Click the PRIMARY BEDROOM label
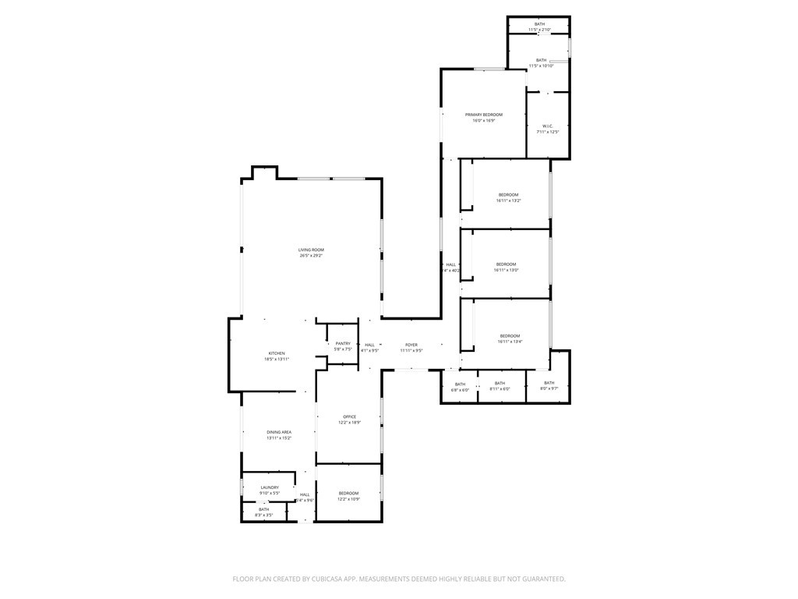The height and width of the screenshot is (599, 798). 483,115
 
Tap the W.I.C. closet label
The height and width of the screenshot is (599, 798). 548,126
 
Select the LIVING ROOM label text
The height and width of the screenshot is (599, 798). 311,250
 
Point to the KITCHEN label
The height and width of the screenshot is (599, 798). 277,353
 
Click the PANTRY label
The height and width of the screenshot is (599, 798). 343,344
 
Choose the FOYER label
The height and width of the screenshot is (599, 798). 411,345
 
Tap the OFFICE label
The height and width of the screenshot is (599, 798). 349,416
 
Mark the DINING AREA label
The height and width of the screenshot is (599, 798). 279,432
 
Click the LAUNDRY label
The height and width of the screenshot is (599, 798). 270,487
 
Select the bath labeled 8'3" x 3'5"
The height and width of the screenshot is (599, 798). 264,509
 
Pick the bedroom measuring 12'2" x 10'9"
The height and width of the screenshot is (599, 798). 348,494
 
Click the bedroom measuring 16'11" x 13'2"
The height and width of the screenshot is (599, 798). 508,194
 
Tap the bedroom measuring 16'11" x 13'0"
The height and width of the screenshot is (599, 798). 507,264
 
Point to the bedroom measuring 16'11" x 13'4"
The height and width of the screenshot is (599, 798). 509,336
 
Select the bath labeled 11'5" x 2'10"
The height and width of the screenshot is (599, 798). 539,24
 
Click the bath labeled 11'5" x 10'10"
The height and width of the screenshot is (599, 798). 541,60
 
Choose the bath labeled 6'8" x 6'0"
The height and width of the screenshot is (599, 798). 460,384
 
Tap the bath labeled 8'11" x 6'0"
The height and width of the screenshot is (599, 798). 500,383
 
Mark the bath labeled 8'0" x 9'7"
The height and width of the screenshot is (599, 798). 549,383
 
